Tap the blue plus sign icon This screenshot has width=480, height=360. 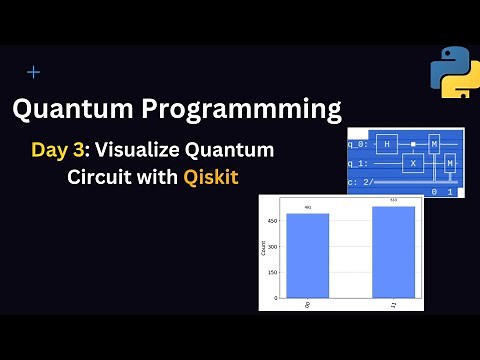[34, 72]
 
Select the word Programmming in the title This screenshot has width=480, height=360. [249, 108]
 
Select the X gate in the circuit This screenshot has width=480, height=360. [412, 162]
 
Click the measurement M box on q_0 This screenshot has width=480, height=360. [435, 144]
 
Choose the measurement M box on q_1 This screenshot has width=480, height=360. [450, 162]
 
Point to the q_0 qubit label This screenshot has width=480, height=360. [359, 144]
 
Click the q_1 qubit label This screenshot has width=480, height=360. [359, 162]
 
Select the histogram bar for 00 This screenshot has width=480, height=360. [307, 255]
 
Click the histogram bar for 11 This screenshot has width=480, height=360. [393, 251]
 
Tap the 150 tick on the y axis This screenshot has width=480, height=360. [272, 271]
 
